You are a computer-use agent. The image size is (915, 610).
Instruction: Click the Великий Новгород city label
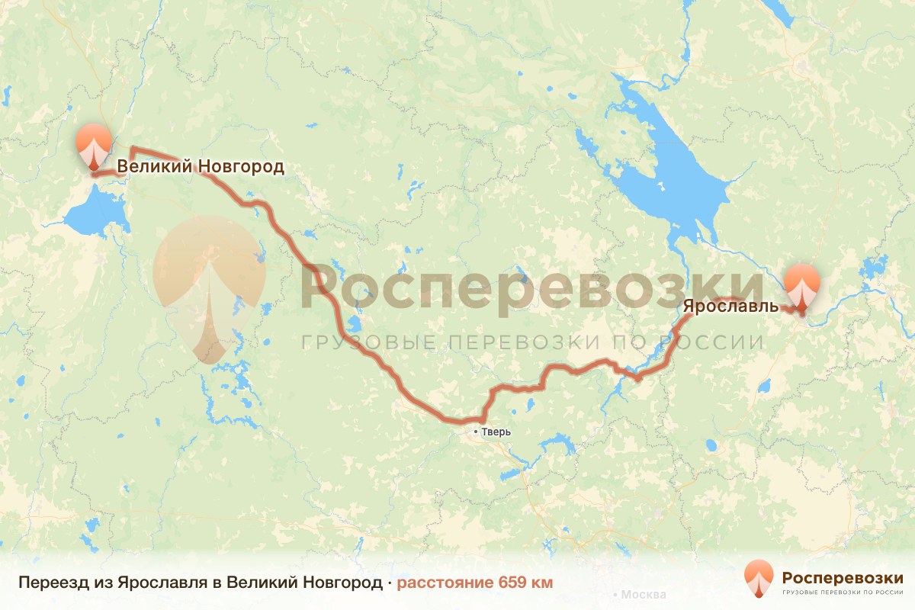tap(200, 166)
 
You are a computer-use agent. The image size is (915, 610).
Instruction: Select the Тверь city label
tap(496, 432)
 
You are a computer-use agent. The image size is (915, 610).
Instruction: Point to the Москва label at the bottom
tap(644, 595)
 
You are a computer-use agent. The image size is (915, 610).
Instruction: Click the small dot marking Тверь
tap(476, 432)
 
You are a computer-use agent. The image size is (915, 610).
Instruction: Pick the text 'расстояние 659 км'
tap(475, 583)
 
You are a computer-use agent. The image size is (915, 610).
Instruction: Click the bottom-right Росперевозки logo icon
tap(759, 578)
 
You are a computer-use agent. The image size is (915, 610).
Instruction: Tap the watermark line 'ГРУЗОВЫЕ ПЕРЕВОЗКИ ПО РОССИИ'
tap(531, 342)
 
